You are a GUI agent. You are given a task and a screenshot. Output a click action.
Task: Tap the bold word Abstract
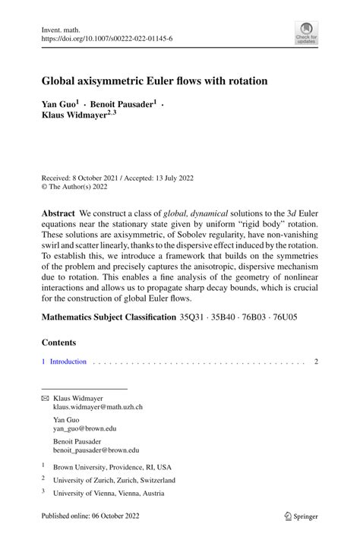58,214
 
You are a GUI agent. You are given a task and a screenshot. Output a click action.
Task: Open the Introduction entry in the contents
68,362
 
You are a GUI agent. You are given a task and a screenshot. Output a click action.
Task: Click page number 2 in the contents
316,362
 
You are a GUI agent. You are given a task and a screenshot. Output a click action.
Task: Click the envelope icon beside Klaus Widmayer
45,397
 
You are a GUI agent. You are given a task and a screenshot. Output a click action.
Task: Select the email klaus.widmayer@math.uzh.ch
97,407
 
